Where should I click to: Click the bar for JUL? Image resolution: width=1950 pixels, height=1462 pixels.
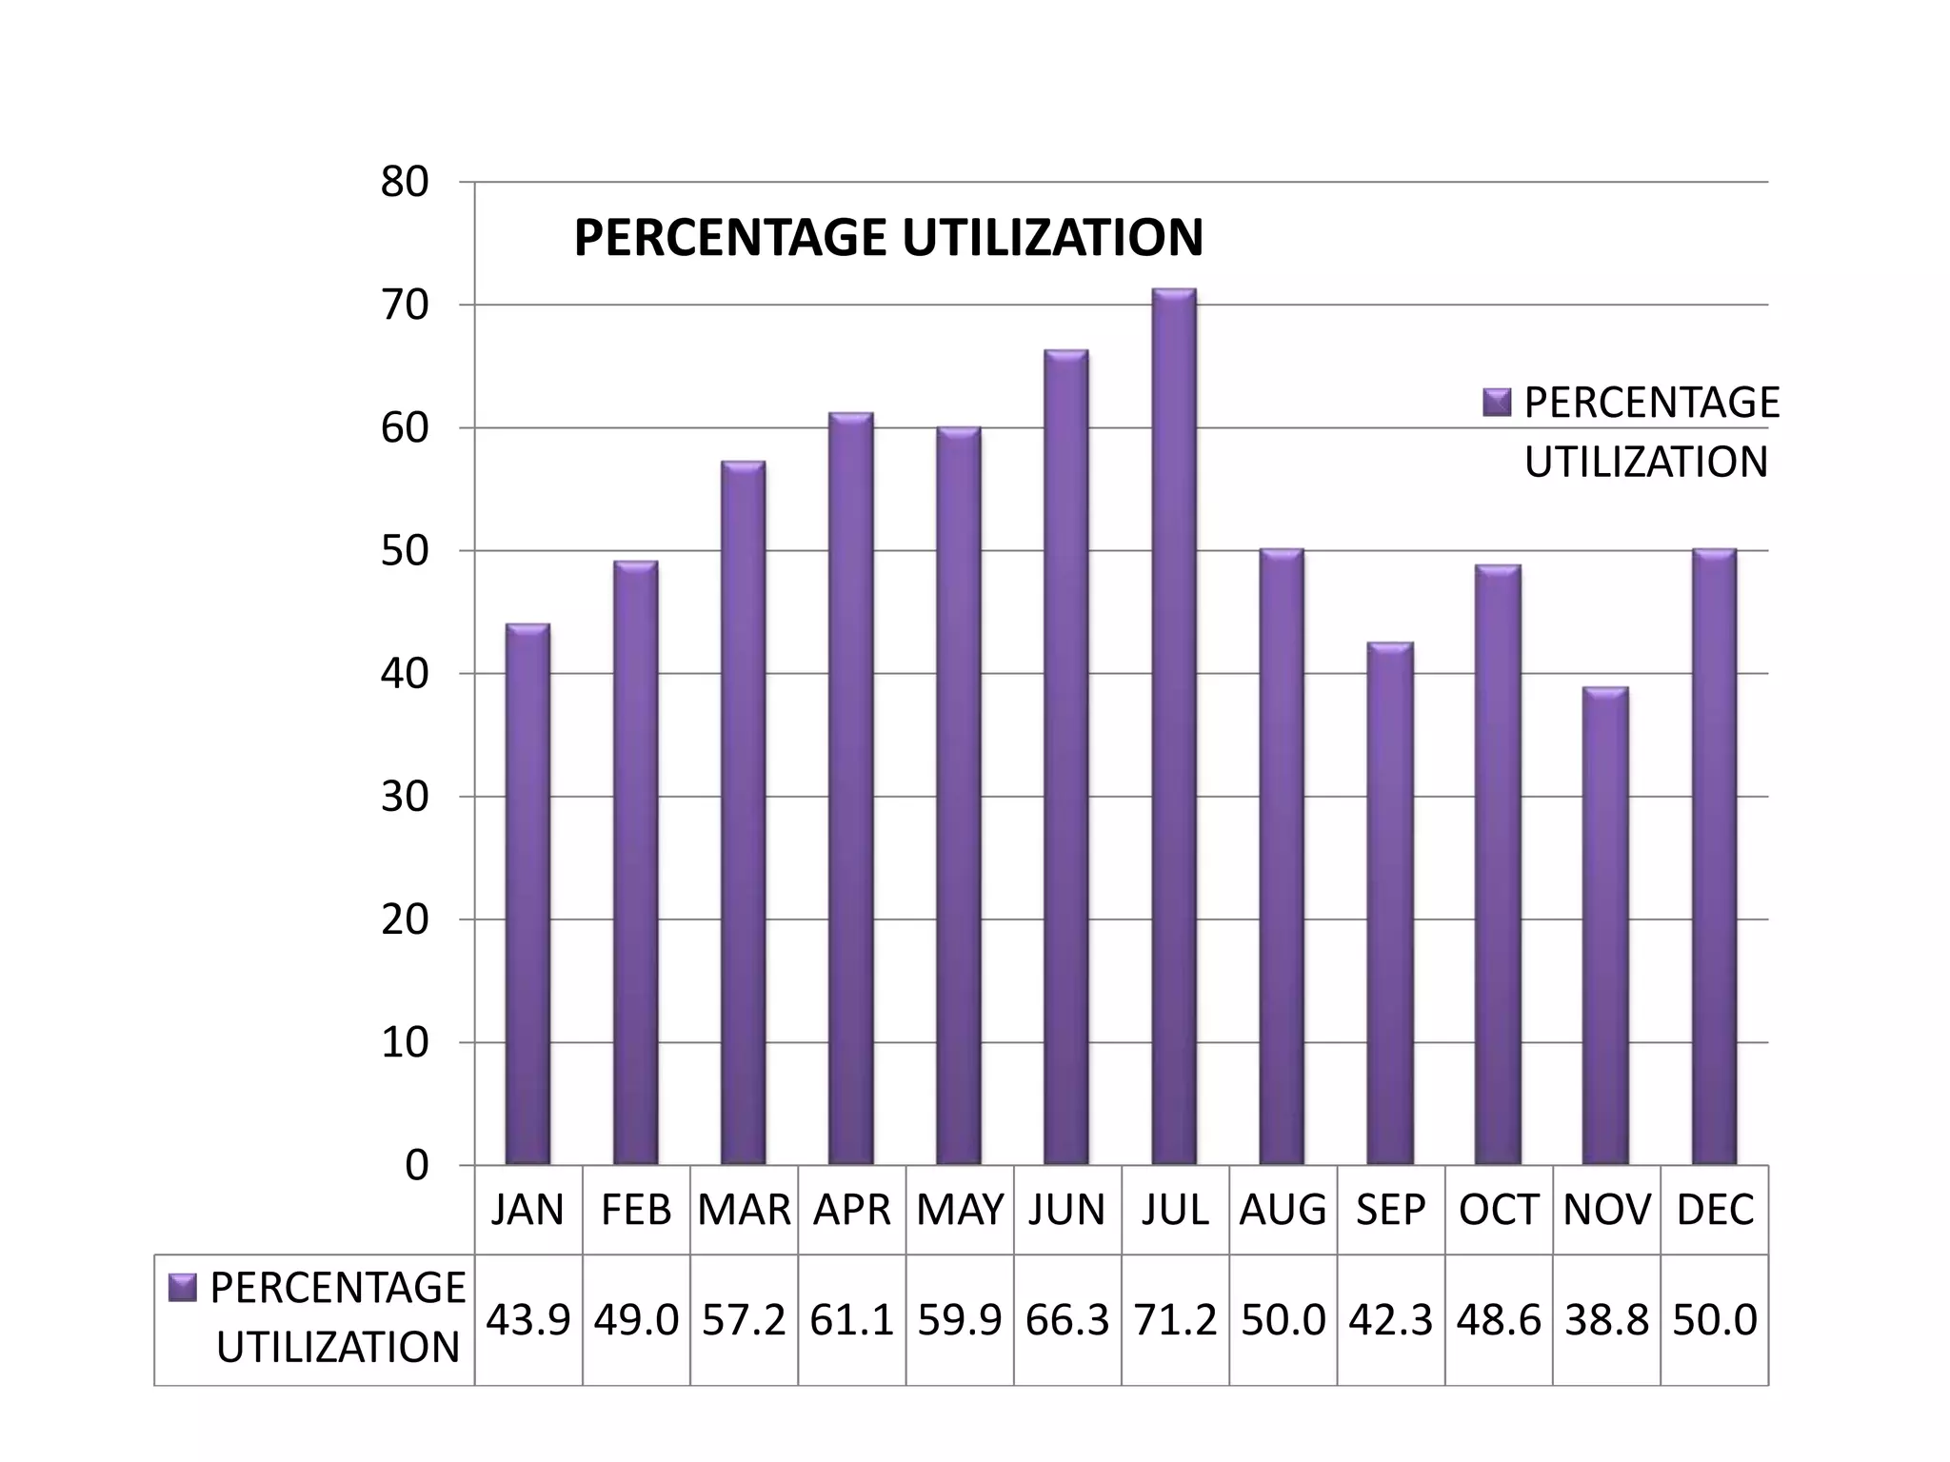coord(1173,728)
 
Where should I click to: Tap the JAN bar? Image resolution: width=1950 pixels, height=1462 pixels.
coord(527,895)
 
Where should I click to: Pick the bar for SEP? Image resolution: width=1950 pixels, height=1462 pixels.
coord(1389,904)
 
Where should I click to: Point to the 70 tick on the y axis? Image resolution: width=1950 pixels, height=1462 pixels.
coord(405,306)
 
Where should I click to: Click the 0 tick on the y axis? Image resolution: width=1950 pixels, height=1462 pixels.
coord(416,1166)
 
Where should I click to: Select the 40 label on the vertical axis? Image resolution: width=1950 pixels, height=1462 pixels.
coord(405,674)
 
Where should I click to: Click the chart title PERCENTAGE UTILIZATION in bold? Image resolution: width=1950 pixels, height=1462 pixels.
coord(887,238)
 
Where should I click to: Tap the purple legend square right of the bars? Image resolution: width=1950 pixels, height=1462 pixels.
coord(1497,403)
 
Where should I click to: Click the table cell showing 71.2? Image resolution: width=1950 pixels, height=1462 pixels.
coord(1175,1320)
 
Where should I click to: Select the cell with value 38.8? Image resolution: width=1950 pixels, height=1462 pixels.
coord(1605,1320)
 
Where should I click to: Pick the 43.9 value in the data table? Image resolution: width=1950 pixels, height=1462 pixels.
coord(528,1320)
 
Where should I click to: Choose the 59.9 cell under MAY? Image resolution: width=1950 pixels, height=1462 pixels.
coord(959,1320)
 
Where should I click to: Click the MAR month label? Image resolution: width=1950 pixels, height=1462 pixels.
coord(744,1210)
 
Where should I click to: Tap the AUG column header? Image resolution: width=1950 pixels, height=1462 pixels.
coord(1283,1210)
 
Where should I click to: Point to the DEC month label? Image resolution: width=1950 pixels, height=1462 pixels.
coord(1714,1210)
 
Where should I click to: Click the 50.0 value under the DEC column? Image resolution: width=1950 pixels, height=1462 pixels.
coord(1714,1320)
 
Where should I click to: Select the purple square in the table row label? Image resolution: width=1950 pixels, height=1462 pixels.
coord(182,1288)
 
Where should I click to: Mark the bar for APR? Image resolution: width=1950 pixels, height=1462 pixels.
coord(850,790)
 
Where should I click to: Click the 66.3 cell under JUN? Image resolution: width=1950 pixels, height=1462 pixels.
coord(1067,1320)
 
